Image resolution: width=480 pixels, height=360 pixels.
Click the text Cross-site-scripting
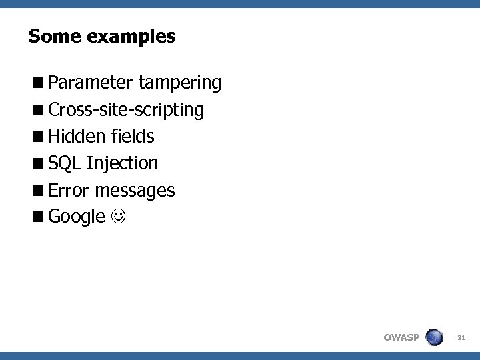point(126,110)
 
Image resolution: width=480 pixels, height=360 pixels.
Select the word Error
point(69,191)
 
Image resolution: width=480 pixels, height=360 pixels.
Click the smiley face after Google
point(117,217)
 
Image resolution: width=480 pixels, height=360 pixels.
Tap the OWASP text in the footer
point(401,337)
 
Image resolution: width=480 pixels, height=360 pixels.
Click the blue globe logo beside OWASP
point(434,337)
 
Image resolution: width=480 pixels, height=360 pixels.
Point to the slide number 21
point(461,338)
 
